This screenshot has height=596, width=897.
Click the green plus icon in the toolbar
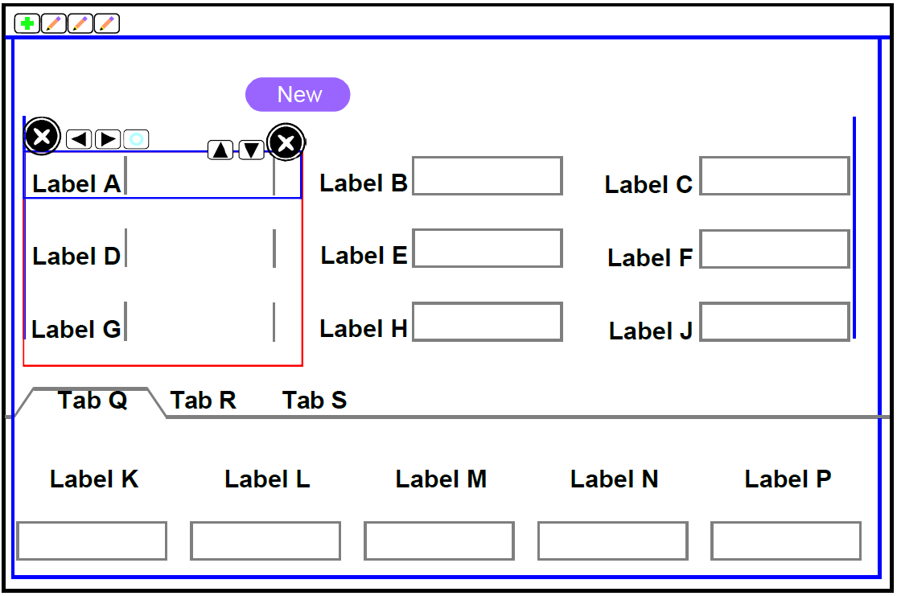point(27,24)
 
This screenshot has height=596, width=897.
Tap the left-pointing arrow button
point(79,139)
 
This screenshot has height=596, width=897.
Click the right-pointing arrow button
point(108,139)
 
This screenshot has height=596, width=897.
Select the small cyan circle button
point(136,139)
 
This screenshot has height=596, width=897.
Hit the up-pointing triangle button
point(220,150)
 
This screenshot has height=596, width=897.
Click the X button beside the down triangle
point(286,143)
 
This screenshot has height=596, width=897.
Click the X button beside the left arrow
point(42,137)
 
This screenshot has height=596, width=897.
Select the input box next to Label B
point(487,176)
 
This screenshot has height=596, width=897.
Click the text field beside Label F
point(775,249)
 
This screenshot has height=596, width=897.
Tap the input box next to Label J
point(775,323)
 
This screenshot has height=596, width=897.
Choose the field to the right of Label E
point(487,249)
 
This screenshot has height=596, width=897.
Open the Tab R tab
point(204,401)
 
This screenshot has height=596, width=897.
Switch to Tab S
point(315,401)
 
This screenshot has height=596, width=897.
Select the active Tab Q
point(93,401)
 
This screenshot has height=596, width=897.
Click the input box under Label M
point(439,541)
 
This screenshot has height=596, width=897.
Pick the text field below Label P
point(786,541)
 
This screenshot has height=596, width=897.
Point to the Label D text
point(76,257)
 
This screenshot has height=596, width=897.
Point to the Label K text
point(94,479)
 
